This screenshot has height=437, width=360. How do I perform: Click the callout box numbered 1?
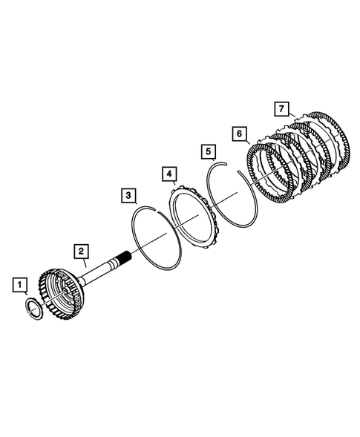[x=20, y=283]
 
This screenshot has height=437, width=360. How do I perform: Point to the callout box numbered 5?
[x=209, y=152]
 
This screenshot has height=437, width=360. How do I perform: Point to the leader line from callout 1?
[x=25, y=295]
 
